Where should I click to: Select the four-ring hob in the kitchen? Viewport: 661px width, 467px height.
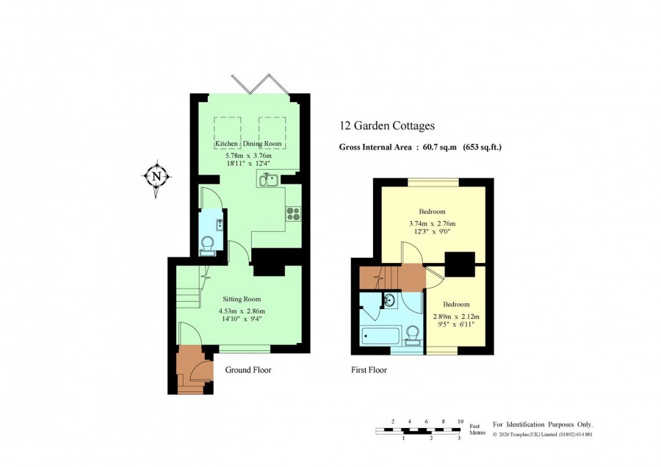coord(293,214)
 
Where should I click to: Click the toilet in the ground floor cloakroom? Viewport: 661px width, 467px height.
coord(207,245)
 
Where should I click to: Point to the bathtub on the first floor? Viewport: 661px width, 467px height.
coord(380,336)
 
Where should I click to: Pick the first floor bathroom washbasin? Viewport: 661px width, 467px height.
coord(390,300)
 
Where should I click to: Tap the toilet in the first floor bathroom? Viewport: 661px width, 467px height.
coord(412,336)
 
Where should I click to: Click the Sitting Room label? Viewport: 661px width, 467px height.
coord(242,300)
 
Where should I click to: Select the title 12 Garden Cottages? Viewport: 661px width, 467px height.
coord(387,126)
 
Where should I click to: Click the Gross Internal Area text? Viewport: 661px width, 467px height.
coord(420,147)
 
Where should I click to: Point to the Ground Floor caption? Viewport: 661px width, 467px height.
coord(248,370)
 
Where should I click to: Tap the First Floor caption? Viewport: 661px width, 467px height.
coord(369,370)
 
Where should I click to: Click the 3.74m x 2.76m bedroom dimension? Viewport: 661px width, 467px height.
coord(432,224)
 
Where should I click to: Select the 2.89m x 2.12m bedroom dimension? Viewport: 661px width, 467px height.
coord(456,316)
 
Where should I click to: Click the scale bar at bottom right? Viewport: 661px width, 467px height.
coord(418,430)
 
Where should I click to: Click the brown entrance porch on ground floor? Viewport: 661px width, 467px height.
coord(192,369)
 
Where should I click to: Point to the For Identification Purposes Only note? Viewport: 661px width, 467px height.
coord(543,424)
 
